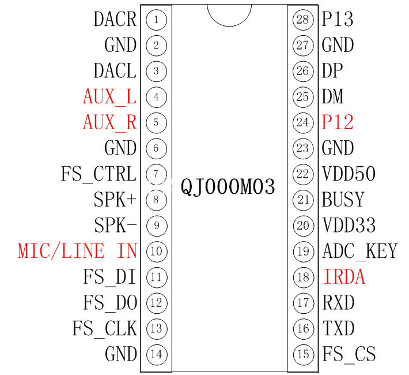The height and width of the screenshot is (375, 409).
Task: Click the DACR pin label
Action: pos(115,20)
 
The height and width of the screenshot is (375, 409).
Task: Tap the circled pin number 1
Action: pos(156,20)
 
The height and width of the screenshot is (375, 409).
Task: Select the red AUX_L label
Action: pos(109,97)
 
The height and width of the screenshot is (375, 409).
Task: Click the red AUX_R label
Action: pos(109,122)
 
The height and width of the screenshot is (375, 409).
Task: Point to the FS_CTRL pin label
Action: pos(99,174)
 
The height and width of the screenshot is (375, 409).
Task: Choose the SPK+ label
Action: pos(115,200)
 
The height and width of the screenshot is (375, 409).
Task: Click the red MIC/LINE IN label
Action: pos(78,251)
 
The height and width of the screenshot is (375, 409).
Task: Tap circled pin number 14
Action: pos(156,354)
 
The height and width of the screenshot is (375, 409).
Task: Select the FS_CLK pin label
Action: pos(104,328)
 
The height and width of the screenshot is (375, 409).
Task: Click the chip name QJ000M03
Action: pos(228,187)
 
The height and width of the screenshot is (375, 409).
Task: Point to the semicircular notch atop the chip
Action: pos(229,14)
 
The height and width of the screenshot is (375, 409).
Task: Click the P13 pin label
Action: pos(338,20)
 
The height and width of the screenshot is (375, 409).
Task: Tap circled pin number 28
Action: pos(303,20)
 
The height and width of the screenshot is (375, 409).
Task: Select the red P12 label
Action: pos(338,122)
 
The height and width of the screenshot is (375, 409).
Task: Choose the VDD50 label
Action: pos(349,174)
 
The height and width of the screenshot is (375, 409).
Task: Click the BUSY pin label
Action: pos(343,200)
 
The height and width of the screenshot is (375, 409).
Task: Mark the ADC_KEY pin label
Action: pos(360,251)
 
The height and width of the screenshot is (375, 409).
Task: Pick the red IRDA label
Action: pos(344,277)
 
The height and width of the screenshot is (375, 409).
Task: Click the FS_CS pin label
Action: pos(349,354)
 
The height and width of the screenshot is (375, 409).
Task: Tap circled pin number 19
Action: pos(303,251)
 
